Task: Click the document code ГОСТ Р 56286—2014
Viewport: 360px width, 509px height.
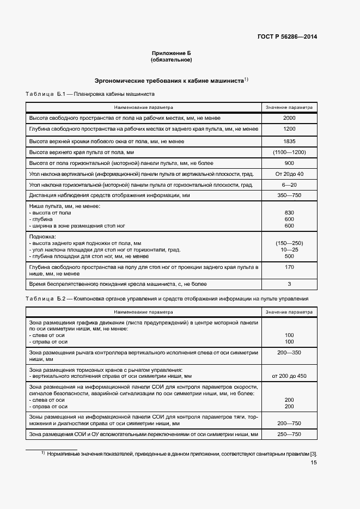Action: (x=287, y=37)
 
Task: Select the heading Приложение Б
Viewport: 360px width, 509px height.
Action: (x=172, y=53)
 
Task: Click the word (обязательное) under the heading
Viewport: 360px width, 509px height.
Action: (x=172, y=60)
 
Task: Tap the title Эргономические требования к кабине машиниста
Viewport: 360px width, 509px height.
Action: (x=169, y=80)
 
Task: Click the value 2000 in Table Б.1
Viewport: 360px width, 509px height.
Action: (x=289, y=118)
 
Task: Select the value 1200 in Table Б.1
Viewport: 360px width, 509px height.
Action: (x=289, y=129)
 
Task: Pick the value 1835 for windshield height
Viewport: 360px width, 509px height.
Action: (x=289, y=141)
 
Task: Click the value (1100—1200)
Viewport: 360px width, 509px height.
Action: (x=289, y=152)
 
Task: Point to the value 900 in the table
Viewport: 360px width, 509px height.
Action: (x=289, y=163)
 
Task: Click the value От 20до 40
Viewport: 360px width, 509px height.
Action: (x=289, y=174)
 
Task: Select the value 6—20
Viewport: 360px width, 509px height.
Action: (x=289, y=185)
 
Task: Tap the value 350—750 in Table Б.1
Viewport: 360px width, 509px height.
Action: (x=289, y=195)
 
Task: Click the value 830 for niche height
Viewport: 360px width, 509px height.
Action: (x=289, y=212)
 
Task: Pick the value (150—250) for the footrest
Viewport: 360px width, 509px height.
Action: (x=289, y=243)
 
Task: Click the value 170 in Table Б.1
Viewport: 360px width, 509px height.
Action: (x=289, y=267)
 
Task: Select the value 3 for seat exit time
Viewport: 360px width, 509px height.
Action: (x=289, y=284)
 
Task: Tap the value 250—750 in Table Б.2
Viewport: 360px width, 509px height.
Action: (x=289, y=434)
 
